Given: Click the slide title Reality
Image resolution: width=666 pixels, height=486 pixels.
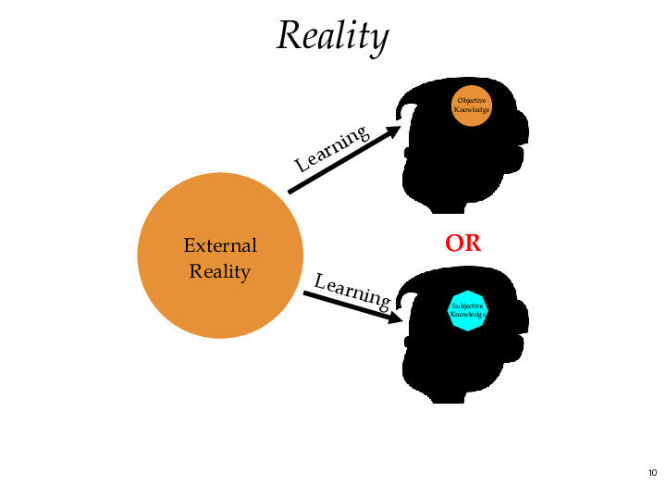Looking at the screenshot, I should tap(332, 37).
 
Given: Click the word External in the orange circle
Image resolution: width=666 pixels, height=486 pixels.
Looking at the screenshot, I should tap(220, 246).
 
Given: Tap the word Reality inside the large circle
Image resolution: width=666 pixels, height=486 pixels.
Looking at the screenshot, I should tap(220, 271).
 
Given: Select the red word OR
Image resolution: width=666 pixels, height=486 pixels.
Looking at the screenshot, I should tap(462, 244).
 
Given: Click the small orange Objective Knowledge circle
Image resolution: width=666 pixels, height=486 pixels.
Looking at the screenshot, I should tap(471, 106).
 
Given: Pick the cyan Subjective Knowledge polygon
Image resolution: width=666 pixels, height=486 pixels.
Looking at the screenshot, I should tap(467, 309).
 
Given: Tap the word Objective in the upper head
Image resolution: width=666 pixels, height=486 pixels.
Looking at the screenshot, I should tap(471, 100).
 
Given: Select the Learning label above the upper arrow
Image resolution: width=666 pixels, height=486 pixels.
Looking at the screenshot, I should tap(333, 148).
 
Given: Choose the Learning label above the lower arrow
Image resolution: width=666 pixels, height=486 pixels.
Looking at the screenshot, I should tap(351, 290).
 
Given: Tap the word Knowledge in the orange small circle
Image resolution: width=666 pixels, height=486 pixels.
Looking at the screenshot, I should tap(471, 110).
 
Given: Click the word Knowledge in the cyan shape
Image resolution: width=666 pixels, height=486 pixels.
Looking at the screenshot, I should tap(467, 315).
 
